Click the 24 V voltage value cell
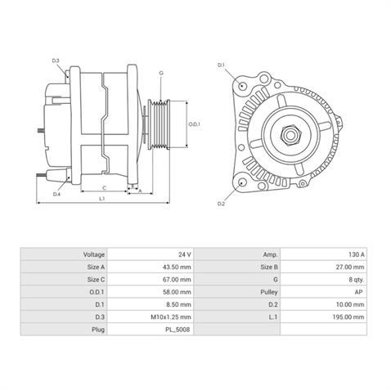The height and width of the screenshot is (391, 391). click(x=153, y=254)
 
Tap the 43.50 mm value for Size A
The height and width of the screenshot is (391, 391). click(x=153, y=267)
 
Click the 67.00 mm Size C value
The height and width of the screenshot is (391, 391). click(x=153, y=279)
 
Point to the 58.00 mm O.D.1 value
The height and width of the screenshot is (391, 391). click(x=153, y=292)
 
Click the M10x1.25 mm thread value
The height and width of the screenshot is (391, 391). click(x=153, y=317)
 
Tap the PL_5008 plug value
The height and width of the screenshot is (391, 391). click(x=153, y=329)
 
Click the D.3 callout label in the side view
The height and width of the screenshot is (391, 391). click(x=56, y=61)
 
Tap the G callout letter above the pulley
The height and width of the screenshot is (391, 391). click(x=161, y=73)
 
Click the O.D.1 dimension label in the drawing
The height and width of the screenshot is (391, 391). click(x=194, y=124)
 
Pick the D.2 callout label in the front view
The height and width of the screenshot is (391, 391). click(x=222, y=203)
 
